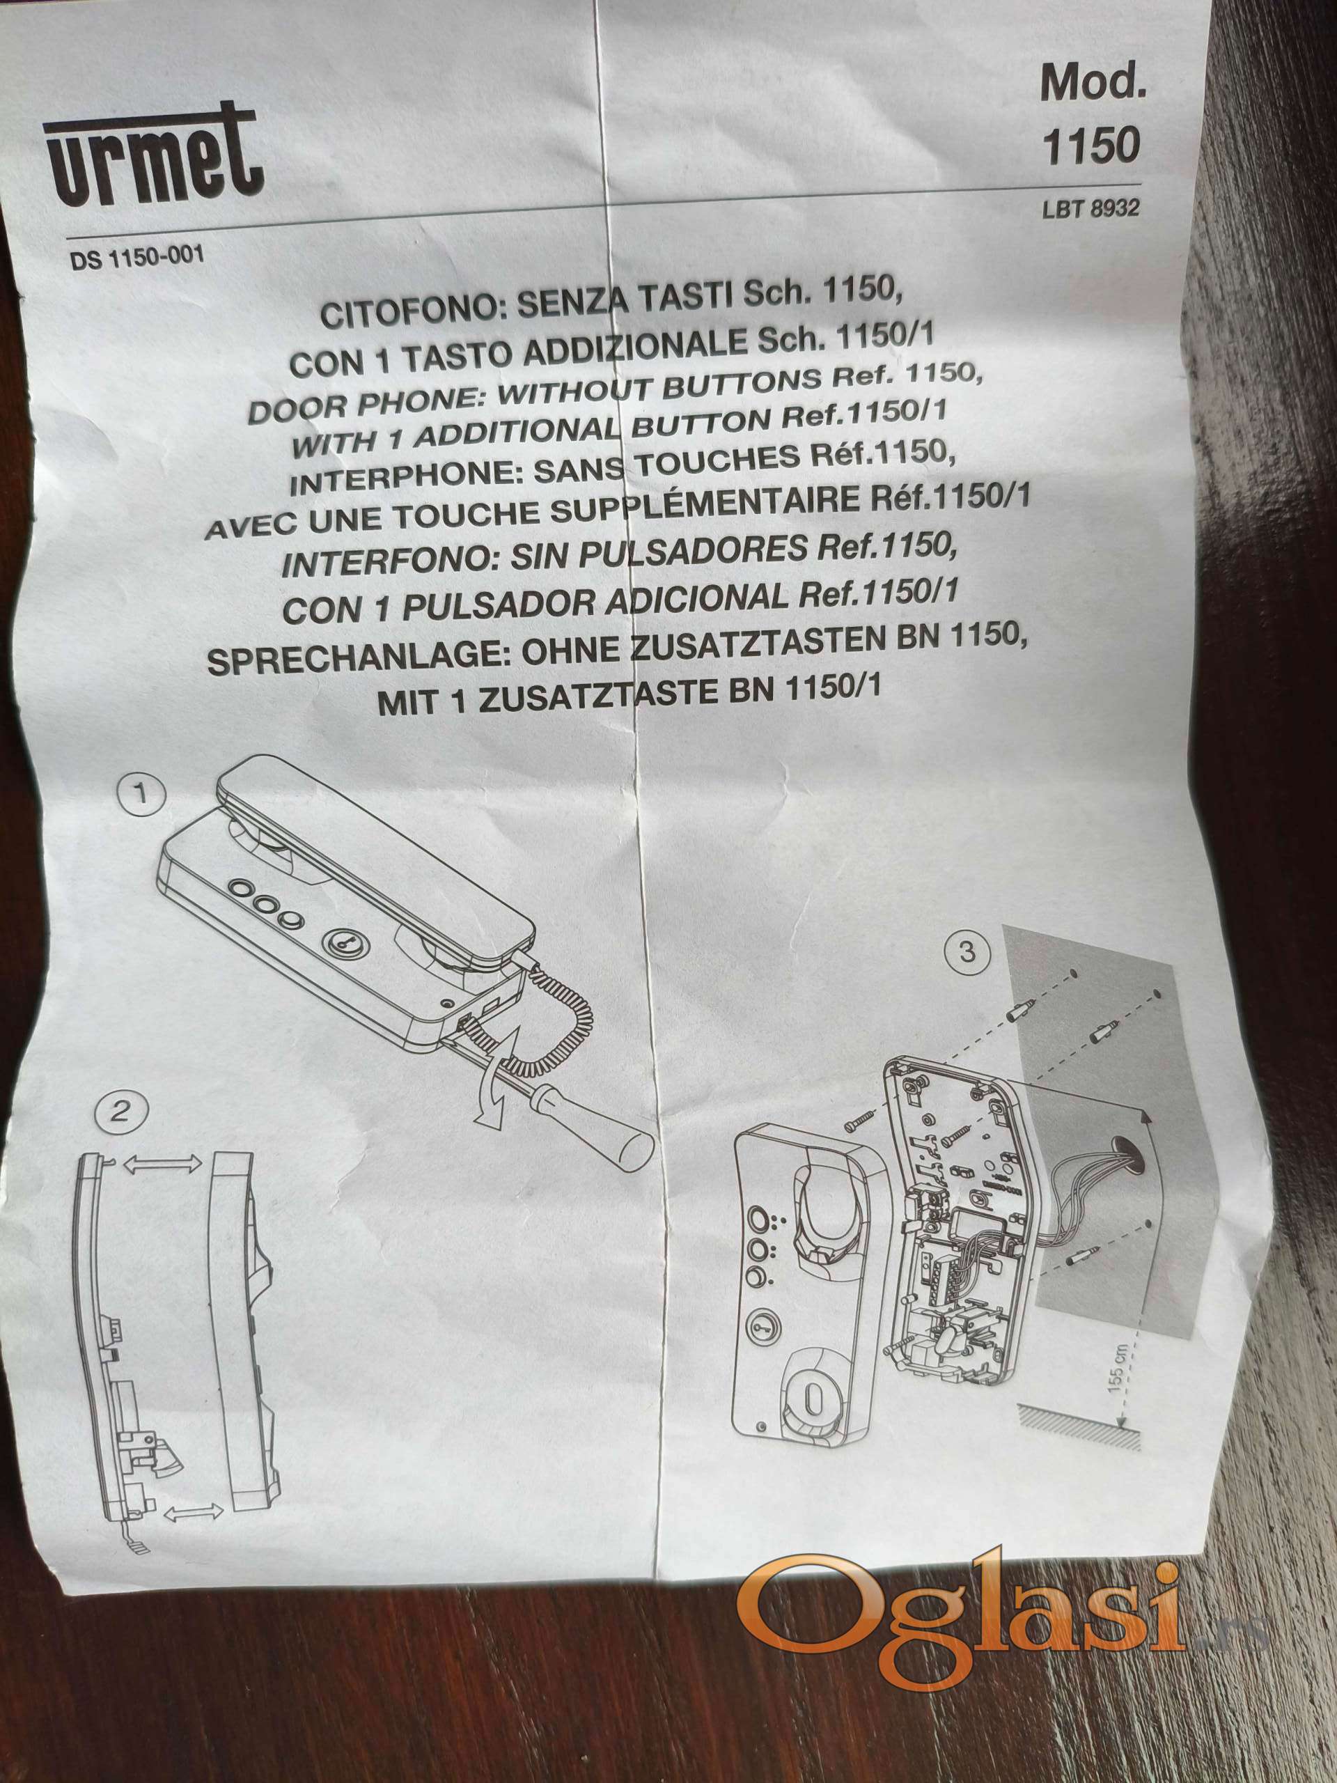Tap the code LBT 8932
(x=1091, y=208)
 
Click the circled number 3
(x=967, y=952)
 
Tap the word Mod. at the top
(x=1092, y=83)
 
